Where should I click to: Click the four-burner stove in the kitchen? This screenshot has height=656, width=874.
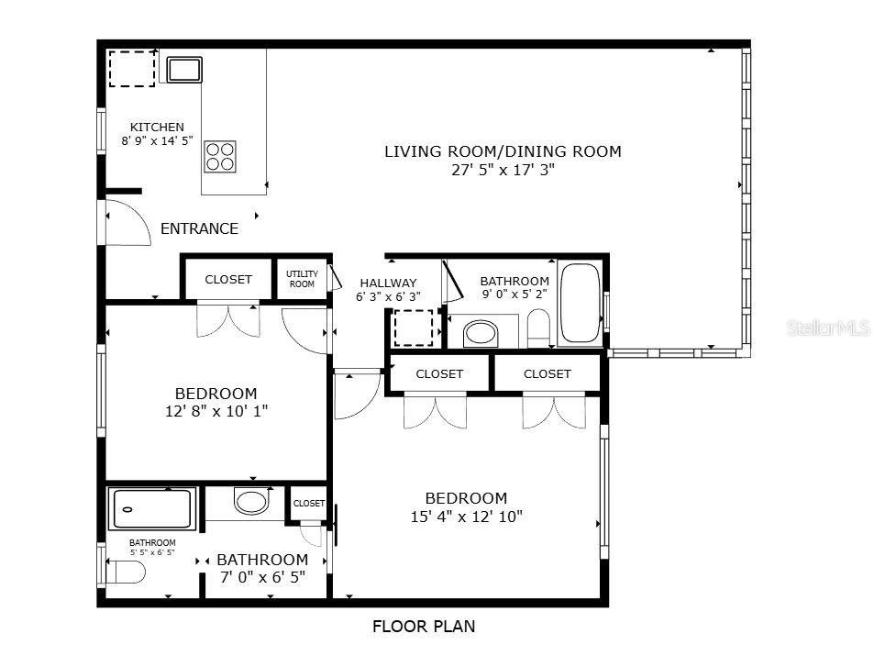[220, 156]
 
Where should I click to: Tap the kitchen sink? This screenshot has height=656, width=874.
[184, 69]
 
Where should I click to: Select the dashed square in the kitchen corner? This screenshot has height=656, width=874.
[132, 69]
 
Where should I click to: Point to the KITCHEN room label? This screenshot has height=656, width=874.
[157, 128]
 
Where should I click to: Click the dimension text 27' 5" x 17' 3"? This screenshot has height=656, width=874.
[502, 170]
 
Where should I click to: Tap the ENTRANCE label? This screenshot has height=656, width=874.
[199, 229]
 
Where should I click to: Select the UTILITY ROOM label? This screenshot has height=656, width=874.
[302, 279]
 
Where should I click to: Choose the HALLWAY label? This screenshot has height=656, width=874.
[388, 284]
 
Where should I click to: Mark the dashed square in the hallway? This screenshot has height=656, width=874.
[413, 328]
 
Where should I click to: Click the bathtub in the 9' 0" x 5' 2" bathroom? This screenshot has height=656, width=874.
[579, 303]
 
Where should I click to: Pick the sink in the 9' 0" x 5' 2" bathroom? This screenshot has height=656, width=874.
[481, 332]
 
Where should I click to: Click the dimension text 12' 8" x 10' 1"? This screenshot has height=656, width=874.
[216, 411]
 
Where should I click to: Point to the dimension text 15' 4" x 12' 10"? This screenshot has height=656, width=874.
[466, 517]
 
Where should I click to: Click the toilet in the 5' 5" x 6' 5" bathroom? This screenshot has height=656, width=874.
[125, 573]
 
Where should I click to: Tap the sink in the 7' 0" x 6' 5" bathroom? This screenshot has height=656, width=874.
[250, 501]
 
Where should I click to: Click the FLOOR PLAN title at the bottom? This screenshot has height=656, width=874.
[424, 628]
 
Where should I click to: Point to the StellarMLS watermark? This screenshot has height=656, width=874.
[828, 328]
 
